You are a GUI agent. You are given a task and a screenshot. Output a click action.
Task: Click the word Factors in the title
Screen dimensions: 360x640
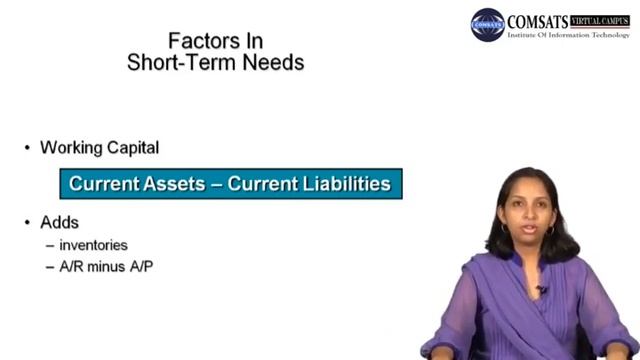pos(196,41)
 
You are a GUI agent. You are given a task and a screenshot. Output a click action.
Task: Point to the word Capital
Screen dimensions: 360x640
pos(131,147)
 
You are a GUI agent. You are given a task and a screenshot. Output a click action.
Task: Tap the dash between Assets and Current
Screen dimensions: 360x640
pos(216,185)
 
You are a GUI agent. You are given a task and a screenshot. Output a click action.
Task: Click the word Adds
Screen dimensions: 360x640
pos(59,222)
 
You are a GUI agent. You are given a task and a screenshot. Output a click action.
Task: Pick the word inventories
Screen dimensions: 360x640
pos(93,244)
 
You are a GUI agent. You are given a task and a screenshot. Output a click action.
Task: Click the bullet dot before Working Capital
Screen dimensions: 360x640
pos(27,148)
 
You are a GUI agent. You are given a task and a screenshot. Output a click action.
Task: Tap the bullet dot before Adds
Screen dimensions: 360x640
pos(27,223)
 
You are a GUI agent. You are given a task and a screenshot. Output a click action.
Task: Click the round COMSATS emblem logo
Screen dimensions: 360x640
pos(488,25)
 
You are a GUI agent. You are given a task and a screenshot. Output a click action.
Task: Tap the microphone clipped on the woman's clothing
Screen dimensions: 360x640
pos(542,290)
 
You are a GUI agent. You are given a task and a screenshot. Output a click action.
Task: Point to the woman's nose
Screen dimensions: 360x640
pos(529,221)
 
